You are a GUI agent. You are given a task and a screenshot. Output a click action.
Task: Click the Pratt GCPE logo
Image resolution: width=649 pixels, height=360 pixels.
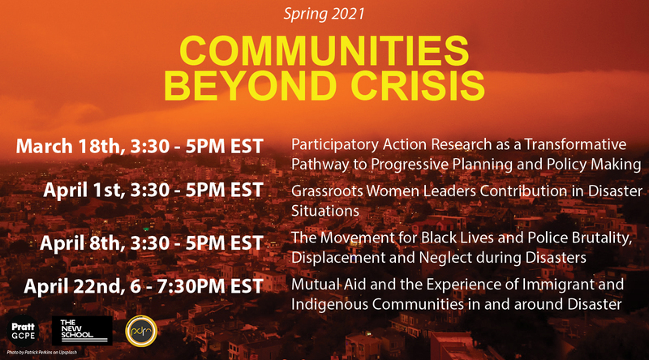click(x=24, y=332)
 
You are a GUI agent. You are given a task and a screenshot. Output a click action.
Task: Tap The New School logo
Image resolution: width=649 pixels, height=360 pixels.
click(x=82, y=331)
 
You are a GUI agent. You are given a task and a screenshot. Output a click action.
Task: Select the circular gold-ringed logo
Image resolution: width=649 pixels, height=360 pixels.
click(x=141, y=331)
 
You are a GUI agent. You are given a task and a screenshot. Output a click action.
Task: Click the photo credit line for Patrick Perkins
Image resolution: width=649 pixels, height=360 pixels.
click(x=42, y=353)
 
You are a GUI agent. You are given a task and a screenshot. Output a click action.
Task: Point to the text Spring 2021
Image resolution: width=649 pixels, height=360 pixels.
click(x=324, y=14)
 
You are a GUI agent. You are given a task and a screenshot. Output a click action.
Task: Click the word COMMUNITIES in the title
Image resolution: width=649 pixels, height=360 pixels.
click(x=324, y=50)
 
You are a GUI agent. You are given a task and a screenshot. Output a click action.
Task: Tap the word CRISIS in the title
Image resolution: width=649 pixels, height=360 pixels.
click(x=418, y=85)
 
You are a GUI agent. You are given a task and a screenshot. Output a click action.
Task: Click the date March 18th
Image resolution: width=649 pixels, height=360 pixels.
click(x=71, y=146)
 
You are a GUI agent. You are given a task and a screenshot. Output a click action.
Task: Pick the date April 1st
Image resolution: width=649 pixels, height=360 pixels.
click(x=84, y=190)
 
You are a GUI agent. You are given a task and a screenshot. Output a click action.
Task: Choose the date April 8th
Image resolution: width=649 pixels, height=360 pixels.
click(x=83, y=242)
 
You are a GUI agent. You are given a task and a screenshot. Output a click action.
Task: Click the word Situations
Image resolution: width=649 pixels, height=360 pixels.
click(x=325, y=211)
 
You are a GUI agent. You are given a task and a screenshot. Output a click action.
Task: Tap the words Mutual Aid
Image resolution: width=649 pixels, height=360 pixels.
click(x=317, y=285)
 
